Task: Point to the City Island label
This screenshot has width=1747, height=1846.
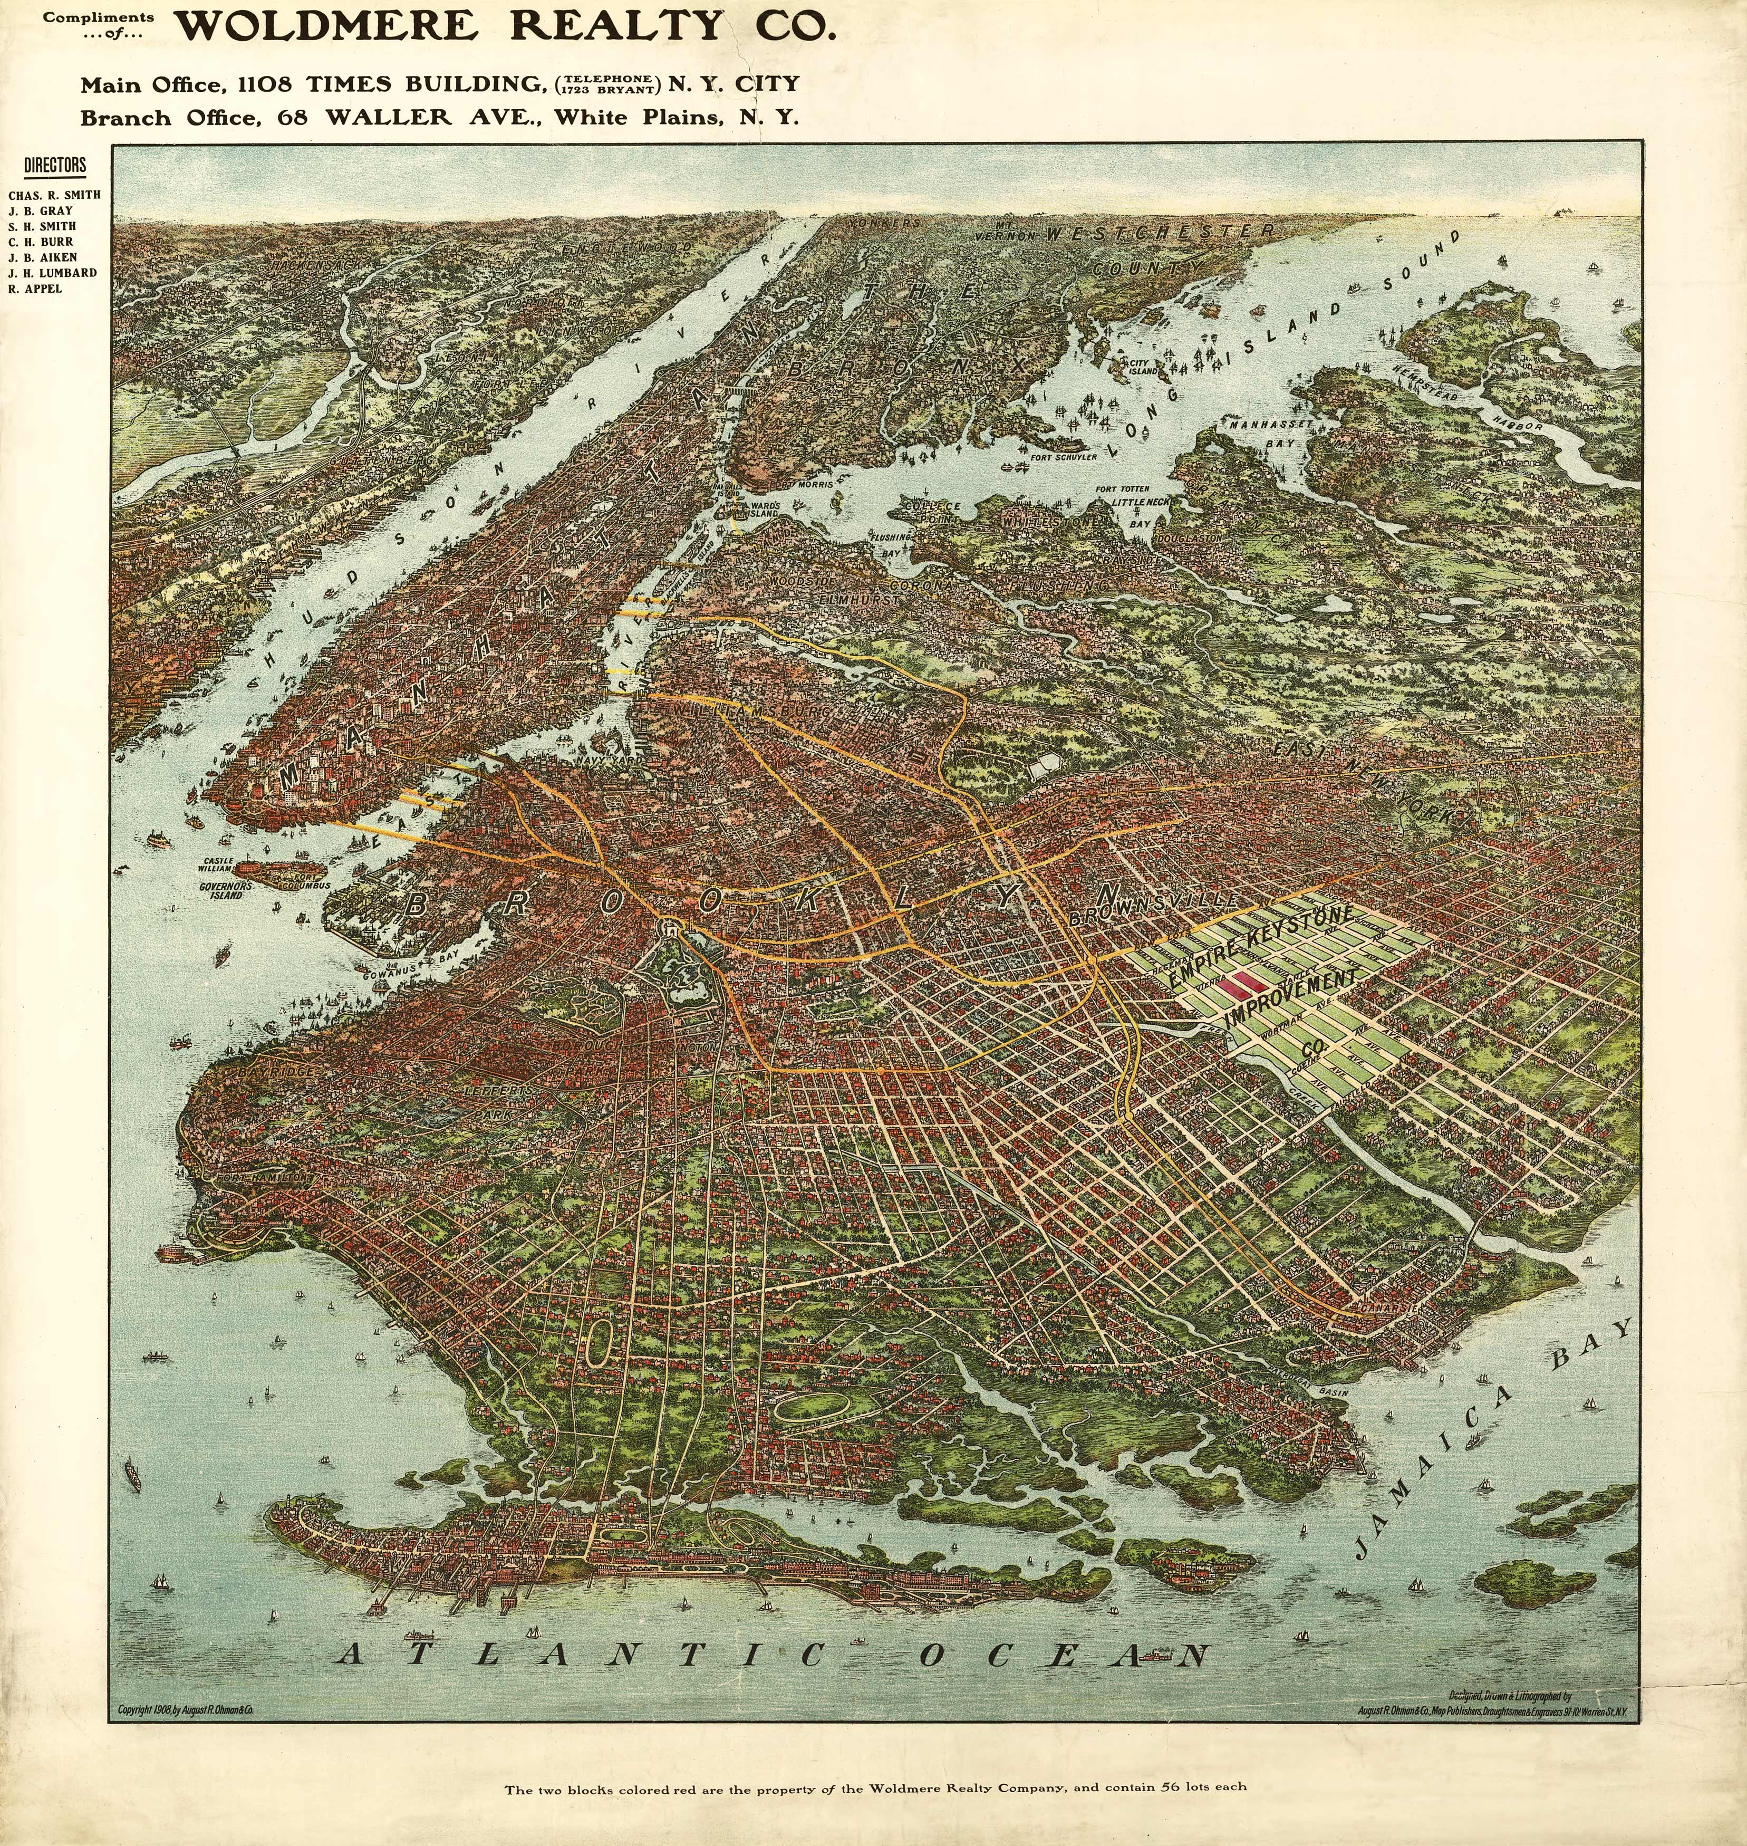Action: pos(1143,366)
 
